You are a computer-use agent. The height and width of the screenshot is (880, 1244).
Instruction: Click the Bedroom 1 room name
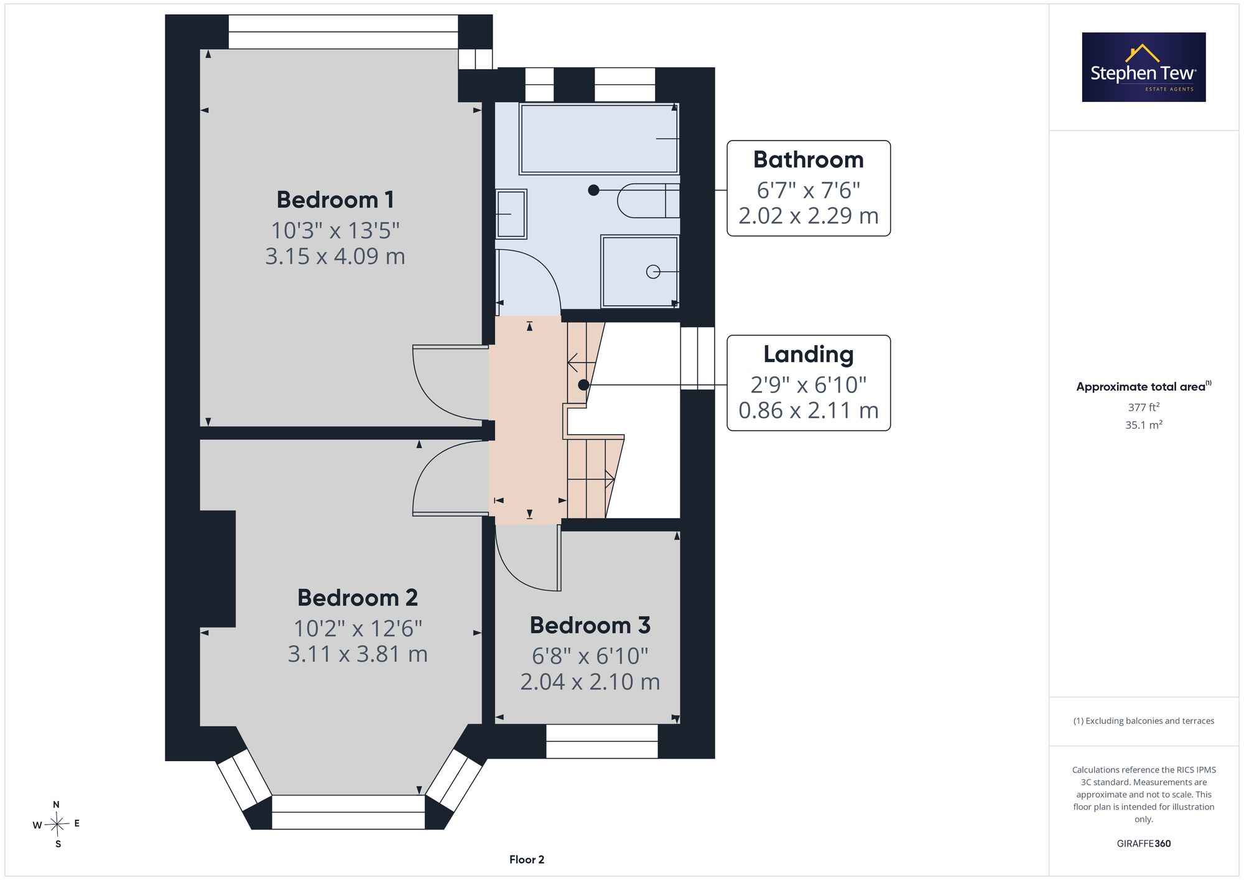[335, 200]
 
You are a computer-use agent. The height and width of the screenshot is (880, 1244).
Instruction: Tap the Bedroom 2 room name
[358, 598]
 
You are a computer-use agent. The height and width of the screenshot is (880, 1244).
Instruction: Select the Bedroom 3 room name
[590, 625]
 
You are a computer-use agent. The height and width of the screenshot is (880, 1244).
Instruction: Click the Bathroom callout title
[809, 160]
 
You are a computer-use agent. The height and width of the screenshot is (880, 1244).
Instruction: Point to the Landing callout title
[809, 354]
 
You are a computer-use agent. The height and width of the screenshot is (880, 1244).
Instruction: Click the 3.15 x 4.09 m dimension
[335, 256]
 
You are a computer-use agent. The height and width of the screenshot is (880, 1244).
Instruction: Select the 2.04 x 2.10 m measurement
[590, 682]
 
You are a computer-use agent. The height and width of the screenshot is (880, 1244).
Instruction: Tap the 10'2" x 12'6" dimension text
[358, 628]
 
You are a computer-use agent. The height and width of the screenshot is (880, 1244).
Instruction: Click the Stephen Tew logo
[1144, 67]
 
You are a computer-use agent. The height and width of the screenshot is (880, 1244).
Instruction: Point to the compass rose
[57, 825]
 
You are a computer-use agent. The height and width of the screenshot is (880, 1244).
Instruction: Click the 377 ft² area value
[1144, 407]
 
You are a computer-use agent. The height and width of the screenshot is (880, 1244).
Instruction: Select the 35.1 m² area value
[1144, 425]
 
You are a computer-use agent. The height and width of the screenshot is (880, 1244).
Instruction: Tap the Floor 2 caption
[527, 859]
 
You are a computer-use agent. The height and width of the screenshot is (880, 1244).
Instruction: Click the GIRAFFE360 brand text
[1144, 843]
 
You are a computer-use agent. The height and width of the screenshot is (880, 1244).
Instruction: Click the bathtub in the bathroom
[599, 139]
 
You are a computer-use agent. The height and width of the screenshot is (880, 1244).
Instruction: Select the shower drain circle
[653, 272]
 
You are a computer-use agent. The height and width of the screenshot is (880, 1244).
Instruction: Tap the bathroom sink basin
[511, 214]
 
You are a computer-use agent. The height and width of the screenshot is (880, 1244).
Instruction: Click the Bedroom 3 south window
[602, 741]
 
